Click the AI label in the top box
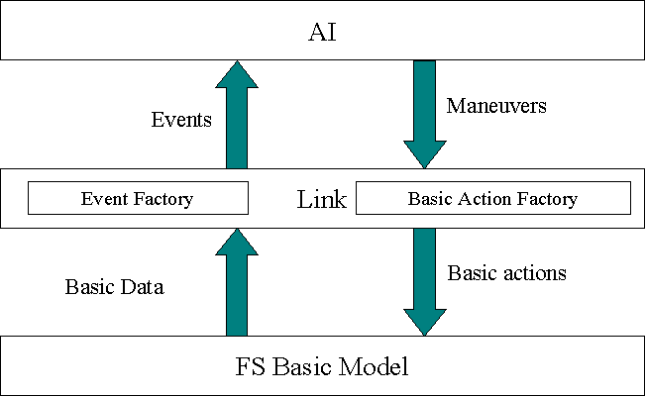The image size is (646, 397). tap(322, 32)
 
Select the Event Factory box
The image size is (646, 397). tap(138, 198)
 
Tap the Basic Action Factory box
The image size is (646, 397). tap(493, 198)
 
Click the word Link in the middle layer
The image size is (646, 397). tap(322, 199)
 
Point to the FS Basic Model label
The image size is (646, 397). tap(322, 366)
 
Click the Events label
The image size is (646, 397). tap(181, 120)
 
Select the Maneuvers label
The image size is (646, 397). tap(496, 106)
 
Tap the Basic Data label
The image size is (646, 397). tap(115, 286)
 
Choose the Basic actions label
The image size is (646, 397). tap(506, 272)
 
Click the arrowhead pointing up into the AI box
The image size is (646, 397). tap(237, 74)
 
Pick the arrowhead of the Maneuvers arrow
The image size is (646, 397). tap(425, 154)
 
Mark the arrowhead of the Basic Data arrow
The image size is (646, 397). tap(237, 243)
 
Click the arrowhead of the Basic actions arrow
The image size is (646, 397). tap(425, 323)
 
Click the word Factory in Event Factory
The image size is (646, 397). tap(163, 199)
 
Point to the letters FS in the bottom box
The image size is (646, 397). tap(250, 366)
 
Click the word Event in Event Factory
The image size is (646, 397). tap(104, 198)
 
